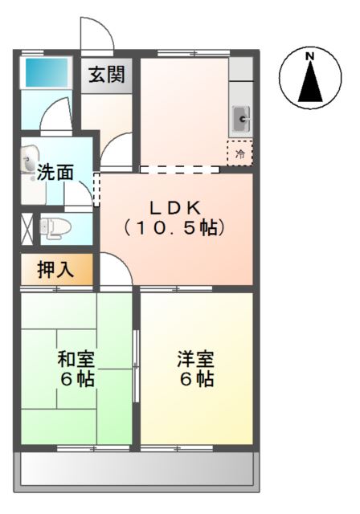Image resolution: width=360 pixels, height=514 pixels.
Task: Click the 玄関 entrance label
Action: click(106, 75)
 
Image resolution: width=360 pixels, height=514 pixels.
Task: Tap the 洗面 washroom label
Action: click(55, 172)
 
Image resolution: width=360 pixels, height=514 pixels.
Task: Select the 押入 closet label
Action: click(55, 271)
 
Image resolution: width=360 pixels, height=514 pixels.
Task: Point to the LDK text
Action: click(172, 203)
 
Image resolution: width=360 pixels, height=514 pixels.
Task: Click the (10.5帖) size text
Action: click(174, 228)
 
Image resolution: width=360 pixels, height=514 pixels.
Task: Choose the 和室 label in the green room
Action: click(76, 358)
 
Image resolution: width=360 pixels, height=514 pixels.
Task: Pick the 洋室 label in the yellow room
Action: click(195, 358)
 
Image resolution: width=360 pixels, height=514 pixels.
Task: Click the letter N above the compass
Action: click(309, 56)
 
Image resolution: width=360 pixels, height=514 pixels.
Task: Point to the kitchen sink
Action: click(241, 120)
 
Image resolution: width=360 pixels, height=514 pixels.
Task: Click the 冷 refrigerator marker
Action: click(239, 151)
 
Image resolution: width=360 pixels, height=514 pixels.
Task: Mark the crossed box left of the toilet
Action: click(26, 227)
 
